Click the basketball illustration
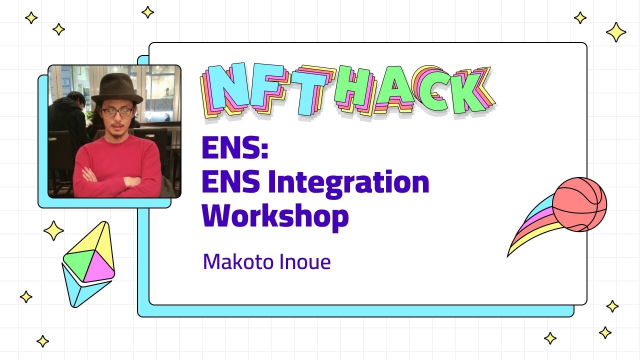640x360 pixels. [x=579, y=204]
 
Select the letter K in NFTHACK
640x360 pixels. [x=467, y=92]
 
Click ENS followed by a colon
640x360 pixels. [x=235, y=148]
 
